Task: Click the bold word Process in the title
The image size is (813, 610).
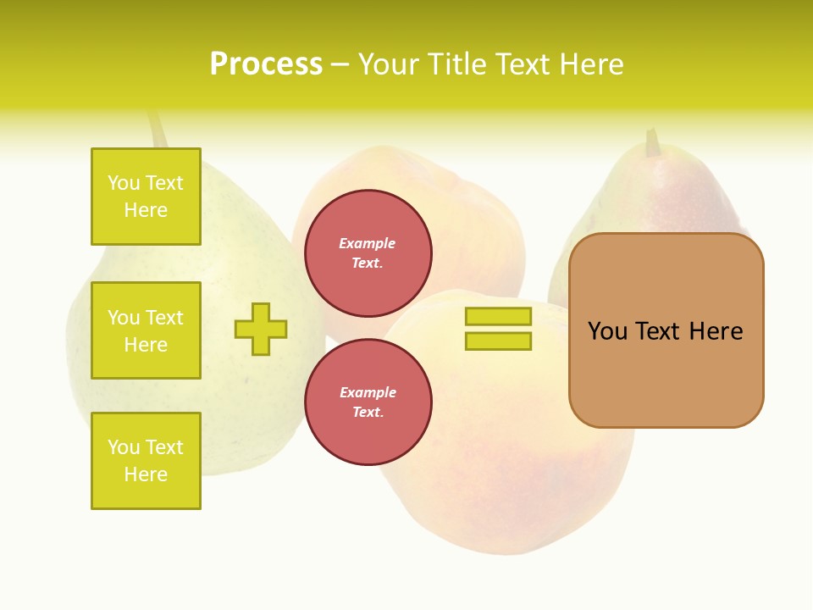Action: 266,64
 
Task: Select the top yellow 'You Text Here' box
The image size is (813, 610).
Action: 146,197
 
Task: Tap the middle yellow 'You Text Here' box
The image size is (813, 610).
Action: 146,330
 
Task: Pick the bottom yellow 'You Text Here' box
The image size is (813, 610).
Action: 146,461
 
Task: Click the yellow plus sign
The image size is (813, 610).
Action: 261,329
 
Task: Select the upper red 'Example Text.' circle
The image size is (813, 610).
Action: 368,253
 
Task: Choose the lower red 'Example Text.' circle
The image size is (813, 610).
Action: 368,402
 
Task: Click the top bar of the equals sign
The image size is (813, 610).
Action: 498,317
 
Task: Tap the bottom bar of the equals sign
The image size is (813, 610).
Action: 498,341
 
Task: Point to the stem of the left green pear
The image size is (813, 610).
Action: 158,129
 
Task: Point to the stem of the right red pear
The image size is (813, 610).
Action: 652,142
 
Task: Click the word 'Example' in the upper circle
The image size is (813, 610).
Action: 368,243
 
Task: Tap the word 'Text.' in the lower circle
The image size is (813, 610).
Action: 368,413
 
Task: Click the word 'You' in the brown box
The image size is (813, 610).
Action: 608,331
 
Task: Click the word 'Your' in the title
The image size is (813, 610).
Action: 392,64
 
